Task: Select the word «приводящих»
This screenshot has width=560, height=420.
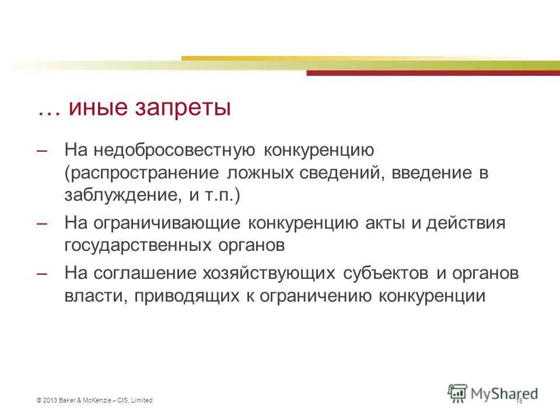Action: click(184, 296)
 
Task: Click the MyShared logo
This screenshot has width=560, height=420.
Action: click(493, 393)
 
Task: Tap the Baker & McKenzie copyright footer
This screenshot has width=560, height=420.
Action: click(94, 400)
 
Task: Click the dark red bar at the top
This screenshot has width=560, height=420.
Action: click(432, 73)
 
